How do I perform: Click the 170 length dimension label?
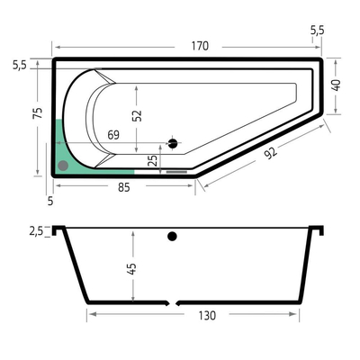[x=200, y=46]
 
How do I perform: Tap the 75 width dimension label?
[x=38, y=113]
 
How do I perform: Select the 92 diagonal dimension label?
[x=270, y=153]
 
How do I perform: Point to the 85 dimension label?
[x=123, y=187]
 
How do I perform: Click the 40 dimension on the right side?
[x=337, y=85]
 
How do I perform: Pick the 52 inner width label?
[x=137, y=115]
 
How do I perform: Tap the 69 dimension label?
[x=113, y=135]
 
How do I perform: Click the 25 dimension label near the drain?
[x=153, y=161]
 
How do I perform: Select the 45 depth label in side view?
[x=131, y=268]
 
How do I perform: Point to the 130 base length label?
[x=207, y=316]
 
